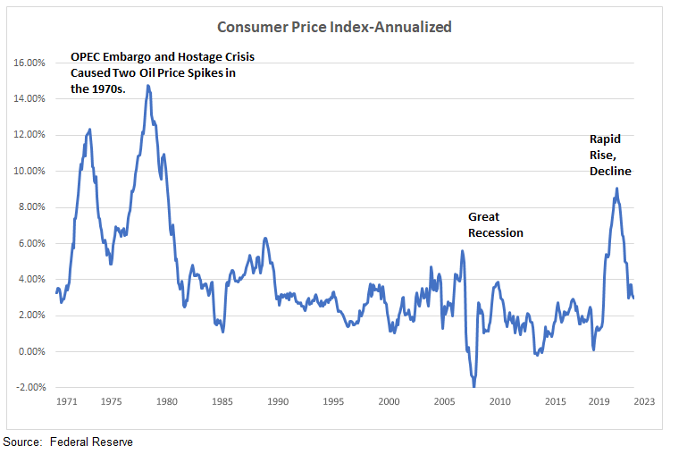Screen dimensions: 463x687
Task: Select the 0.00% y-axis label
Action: click(x=31, y=351)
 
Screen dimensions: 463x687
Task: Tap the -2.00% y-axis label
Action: click(x=30, y=387)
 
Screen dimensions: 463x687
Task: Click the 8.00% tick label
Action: click(x=31, y=207)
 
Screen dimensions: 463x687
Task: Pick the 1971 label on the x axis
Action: click(x=66, y=402)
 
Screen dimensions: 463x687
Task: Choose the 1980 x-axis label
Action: click(x=166, y=402)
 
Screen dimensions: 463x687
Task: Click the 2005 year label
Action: click(x=444, y=402)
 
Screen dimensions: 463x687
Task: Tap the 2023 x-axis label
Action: click(x=643, y=402)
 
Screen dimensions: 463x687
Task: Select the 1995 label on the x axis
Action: click(x=333, y=402)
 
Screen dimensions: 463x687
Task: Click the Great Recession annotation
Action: click(x=496, y=224)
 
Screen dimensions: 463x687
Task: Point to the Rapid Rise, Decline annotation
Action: click(x=610, y=155)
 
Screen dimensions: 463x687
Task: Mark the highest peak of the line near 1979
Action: click(x=147, y=86)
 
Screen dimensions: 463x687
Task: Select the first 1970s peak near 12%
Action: click(x=90, y=130)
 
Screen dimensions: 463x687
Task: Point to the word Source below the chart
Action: click(x=22, y=442)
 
